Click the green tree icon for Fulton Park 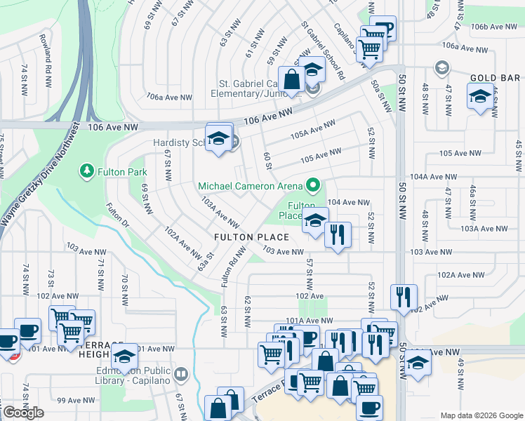[86, 171]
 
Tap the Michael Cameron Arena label [250, 186]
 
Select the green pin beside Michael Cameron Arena [313, 186]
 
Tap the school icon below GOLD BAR [480, 97]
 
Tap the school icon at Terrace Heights [125, 359]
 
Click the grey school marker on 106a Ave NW [441, 68]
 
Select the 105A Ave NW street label [314, 131]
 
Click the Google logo [23, 413]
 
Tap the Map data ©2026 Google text [481, 415]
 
